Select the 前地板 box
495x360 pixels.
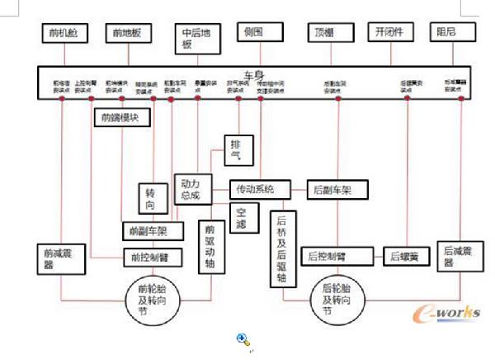129,33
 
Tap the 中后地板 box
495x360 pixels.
198,39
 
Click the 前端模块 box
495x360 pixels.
121,116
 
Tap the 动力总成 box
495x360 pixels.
189,190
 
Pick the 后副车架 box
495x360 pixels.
330,189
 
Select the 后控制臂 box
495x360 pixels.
329,256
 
